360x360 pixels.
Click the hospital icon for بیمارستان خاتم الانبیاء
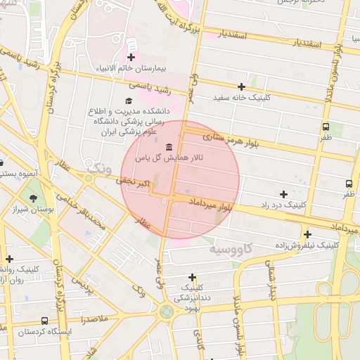[131, 57]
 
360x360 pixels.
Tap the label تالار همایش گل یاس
[169, 158]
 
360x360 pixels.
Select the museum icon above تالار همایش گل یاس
[169, 146]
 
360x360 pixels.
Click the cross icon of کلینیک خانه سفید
[241, 86]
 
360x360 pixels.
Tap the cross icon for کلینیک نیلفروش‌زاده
[307, 234]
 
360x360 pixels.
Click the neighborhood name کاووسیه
[231, 249]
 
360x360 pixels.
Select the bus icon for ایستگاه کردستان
[45, 321]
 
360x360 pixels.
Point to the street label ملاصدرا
[92, 319]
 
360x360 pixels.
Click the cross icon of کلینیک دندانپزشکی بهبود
[192, 278]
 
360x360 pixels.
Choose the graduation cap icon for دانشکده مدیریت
[128, 101]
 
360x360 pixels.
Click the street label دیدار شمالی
[271, 277]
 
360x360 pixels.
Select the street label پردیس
[84, 285]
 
